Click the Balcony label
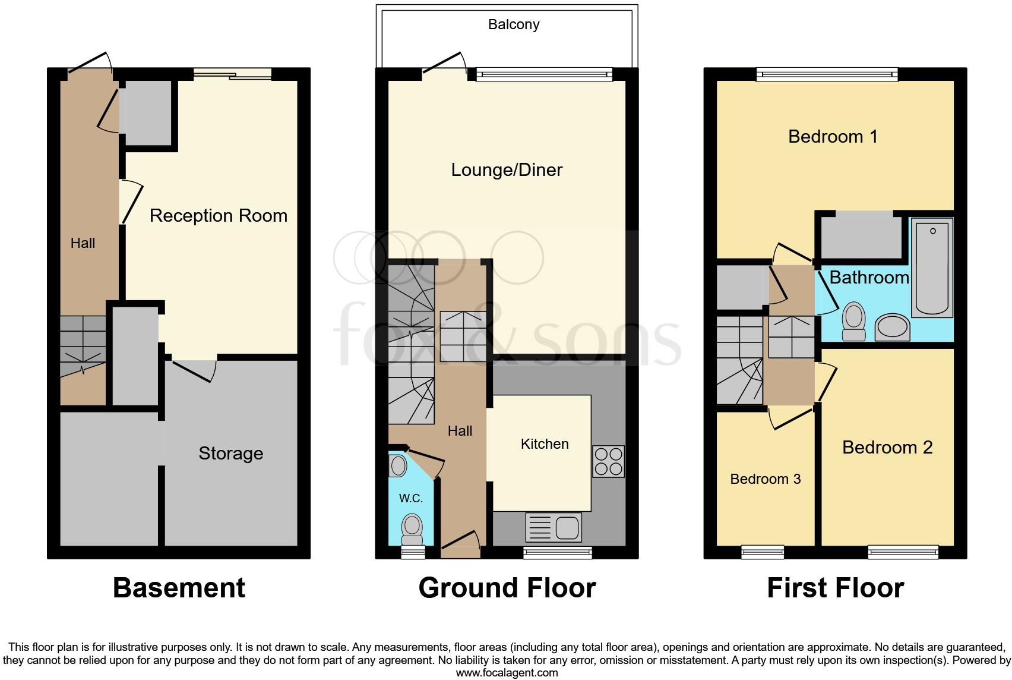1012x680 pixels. [x=514, y=24]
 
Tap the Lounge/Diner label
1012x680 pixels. [x=507, y=170]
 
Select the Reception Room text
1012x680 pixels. [x=218, y=216]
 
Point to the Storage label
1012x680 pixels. [x=231, y=454]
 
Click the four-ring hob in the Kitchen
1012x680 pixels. [x=609, y=462]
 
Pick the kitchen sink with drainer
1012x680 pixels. [x=554, y=527]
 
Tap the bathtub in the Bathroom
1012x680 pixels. [x=932, y=267]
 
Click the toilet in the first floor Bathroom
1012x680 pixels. [x=853, y=322]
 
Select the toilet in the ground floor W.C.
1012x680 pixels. [x=412, y=530]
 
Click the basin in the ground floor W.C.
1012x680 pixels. [x=398, y=465]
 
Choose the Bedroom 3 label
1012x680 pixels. [x=766, y=479]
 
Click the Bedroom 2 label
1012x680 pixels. [x=887, y=448]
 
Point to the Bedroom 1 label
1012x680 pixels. [x=833, y=137]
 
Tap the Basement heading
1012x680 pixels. [x=179, y=588]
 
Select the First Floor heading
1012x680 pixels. [x=836, y=588]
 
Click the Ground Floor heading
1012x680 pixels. [x=507, y=588]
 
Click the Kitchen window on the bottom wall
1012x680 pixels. [x=558, y=553]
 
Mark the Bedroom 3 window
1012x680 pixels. [x=763, y=553]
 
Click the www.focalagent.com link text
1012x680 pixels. [x=507, y=673]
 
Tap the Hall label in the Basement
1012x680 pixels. [x=83, y=243]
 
